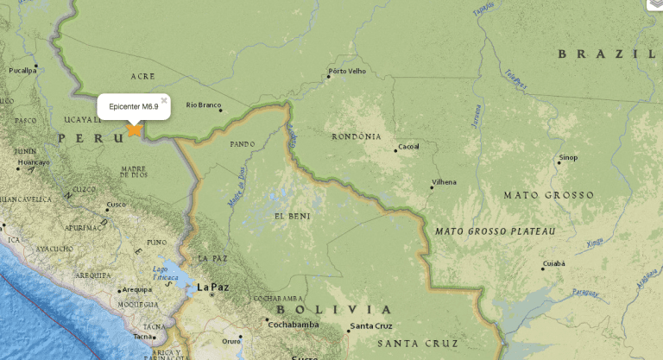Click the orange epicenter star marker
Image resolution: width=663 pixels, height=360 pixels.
click(134, 129)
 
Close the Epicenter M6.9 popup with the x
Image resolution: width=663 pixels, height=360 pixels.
click(164, 100)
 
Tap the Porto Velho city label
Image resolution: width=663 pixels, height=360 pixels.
click(348, 72)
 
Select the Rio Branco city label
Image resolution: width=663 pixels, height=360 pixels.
click(204, 104)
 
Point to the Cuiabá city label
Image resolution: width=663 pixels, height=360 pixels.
click(553, 262)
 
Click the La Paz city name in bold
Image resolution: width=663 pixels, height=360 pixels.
click(212, 287)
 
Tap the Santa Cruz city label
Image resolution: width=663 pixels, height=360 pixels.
click(371, 326)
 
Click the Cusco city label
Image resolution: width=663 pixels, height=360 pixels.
click(116, 205)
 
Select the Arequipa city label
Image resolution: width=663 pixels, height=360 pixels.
click(136, 289)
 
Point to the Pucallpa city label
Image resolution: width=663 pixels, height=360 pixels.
click(23, 70)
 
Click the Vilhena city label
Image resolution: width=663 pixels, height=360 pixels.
click(445, 182)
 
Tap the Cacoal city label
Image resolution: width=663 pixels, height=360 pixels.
click(408, 146)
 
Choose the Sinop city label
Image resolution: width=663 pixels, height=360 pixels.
click(568, 158)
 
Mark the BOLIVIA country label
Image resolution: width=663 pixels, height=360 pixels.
click(333, 309)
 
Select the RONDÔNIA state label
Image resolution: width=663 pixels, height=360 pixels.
click(357, 136)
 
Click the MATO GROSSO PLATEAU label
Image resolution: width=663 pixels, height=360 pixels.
click(495, 231)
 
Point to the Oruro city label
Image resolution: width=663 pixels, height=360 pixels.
click(231, 340)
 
